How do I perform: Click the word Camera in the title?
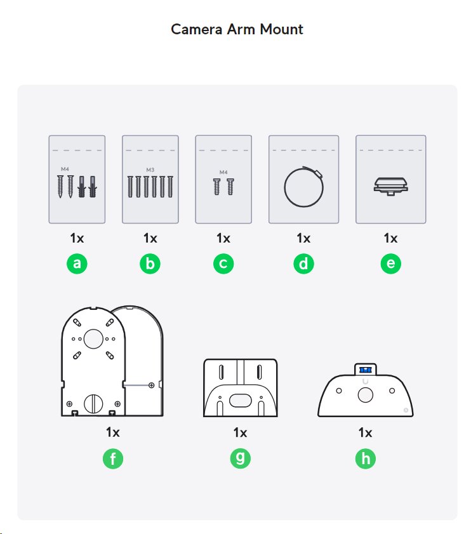tap(196, 29)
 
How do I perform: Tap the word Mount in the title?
tap(281, 29)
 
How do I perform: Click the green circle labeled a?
tap(77, 264)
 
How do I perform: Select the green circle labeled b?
tap(150, 264)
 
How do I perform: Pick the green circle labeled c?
tap(223, 264)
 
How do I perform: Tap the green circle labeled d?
tap(303, 264)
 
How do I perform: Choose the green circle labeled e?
tap(390, 264)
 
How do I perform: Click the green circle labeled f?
tap(113, 458)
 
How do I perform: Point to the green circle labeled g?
tap(240, 458)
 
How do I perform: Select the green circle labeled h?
tap(366, 458)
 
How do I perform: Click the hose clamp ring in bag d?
tap(284, 187)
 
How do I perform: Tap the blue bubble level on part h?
tap(366, 370)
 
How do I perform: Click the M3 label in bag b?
tap(150, 170)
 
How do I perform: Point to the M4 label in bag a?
tap(65, 169)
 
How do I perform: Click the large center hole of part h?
tap(366, 396)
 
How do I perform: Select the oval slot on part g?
tap(241, 401)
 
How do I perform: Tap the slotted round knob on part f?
tap(93, 404)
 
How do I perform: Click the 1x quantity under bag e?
tap(390, 238)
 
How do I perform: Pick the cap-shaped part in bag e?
tap(390, 186)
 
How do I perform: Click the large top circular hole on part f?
tap(93, 339)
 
